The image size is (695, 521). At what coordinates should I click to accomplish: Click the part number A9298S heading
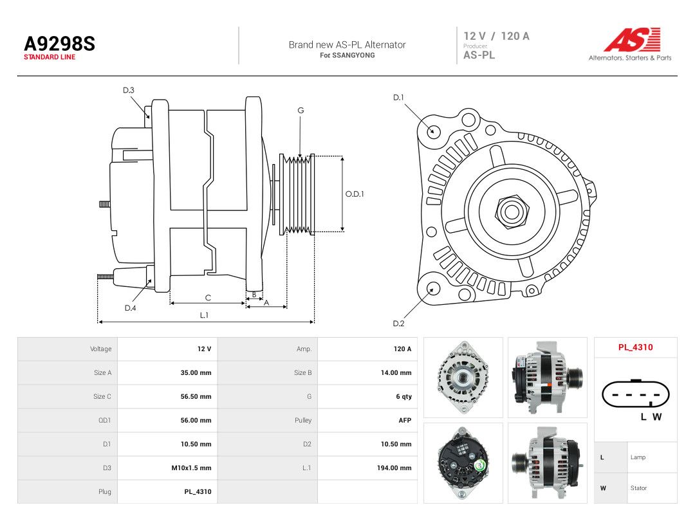59,44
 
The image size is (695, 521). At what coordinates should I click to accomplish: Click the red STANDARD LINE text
50,57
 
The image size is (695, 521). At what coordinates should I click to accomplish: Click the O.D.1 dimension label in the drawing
355,194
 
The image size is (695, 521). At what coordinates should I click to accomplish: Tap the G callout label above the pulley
301,111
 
